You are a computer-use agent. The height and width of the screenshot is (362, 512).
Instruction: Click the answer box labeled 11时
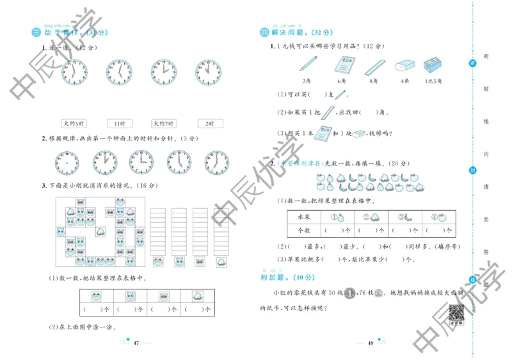coord(120,124)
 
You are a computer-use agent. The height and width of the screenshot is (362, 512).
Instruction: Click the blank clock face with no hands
coord(66,163)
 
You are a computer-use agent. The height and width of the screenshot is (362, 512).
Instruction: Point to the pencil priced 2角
coord(307,64)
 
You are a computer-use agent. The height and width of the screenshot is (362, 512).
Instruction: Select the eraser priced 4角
coord(404,66)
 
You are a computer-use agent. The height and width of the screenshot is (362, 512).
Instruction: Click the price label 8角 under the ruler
coord(373,81)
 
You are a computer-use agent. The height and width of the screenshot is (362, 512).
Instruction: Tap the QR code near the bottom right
coord(456,313)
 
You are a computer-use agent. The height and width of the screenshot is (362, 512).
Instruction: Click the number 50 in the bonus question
coord(332,293)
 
